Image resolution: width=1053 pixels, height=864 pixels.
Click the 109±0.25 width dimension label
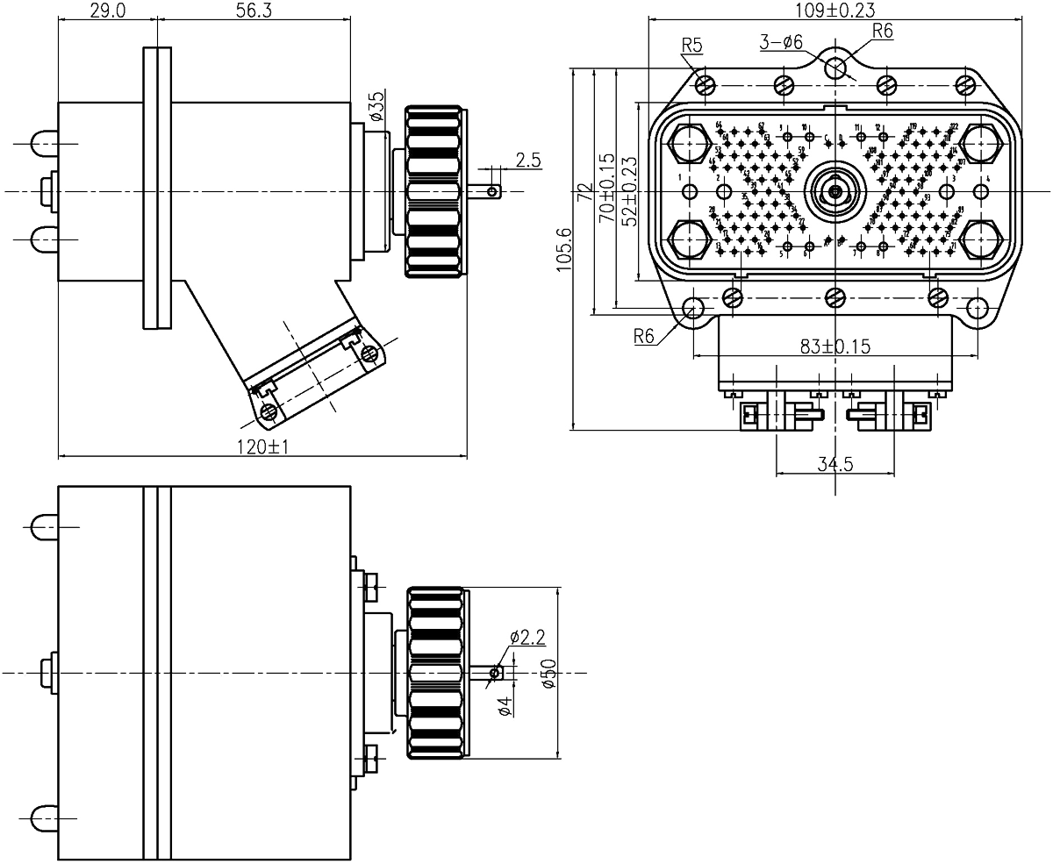point(833,10)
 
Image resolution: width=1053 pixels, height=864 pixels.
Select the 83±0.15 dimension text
point(834,346)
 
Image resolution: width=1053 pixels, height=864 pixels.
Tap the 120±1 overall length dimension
point(262,447)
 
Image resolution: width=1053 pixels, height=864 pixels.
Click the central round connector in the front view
point(835,190)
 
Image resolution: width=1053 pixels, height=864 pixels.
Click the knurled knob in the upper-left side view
point(437,190)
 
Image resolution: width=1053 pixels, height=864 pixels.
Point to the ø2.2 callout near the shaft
point(527,634)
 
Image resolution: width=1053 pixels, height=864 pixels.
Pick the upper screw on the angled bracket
point(369,353)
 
